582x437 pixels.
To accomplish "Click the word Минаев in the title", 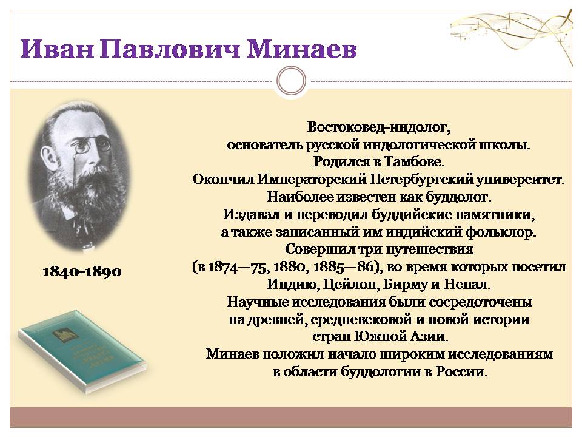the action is click(302, 49).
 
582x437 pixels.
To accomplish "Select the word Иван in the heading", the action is click(56, 49).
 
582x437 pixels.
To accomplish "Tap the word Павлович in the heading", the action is click(170, 49).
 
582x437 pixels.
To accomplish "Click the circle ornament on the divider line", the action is click(291, 81).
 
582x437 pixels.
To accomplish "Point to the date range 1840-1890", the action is click(82, 272).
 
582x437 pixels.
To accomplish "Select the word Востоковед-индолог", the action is click(378, 127).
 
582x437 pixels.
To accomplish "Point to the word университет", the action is click(520, 179).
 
